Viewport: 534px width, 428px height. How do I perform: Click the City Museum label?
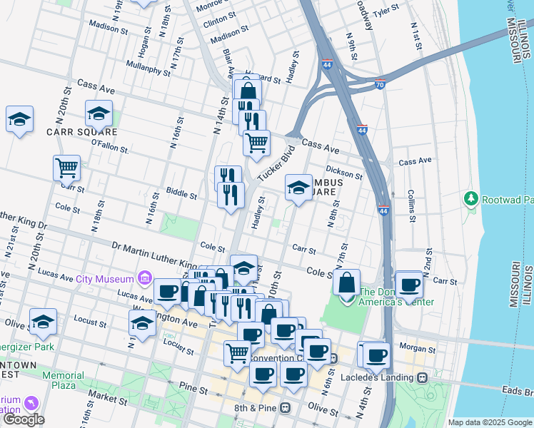coord(105,279)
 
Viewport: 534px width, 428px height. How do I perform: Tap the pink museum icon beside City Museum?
coord(143,277)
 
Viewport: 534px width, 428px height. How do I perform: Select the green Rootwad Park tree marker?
coord(470,197)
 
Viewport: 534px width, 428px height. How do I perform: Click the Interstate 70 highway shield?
coord(380,83)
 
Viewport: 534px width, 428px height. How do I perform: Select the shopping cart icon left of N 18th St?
coord(66,169)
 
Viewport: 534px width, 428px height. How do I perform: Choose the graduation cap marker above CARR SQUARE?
coord(99,113)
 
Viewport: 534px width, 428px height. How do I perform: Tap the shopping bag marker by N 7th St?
coord(346,282)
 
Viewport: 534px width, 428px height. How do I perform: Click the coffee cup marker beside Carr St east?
coord(410,284)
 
